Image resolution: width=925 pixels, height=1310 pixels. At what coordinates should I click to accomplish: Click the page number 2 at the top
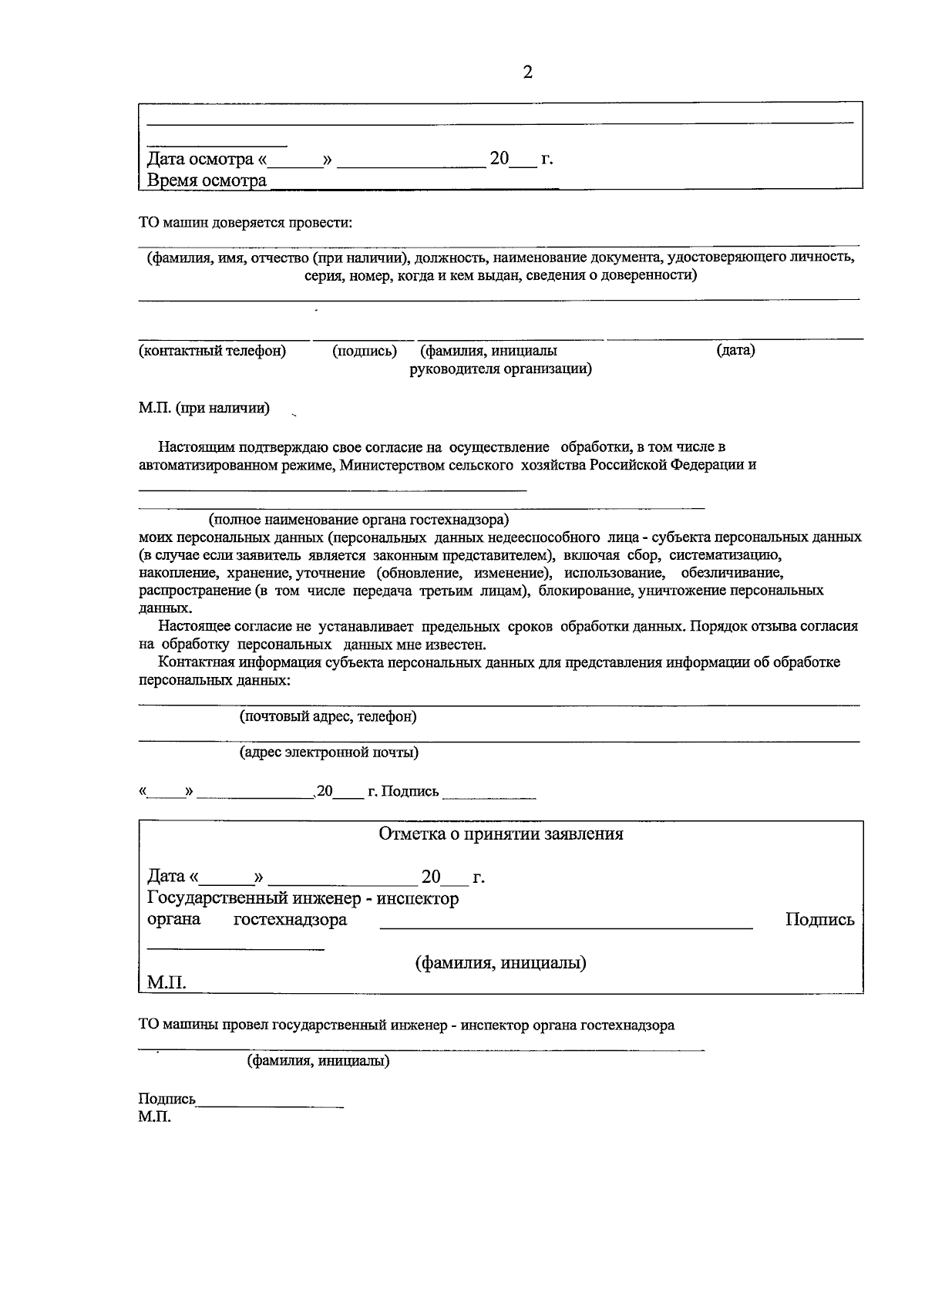528,72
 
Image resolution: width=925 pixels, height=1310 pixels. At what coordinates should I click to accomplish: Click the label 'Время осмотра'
207,180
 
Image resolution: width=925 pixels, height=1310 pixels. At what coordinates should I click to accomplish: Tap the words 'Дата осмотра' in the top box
200,159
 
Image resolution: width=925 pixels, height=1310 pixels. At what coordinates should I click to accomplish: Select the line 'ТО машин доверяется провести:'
245,223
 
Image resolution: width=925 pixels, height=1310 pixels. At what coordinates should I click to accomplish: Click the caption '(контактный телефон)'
212,351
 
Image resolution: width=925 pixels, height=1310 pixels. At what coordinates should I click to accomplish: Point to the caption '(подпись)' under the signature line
365,351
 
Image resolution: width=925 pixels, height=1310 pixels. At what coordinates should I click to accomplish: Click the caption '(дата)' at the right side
735,350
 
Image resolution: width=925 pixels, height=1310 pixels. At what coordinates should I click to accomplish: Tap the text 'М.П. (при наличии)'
204,408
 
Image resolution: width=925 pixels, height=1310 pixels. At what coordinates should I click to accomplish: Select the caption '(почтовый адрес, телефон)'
328,716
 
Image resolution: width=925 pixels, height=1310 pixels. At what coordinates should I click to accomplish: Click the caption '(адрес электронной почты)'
329,752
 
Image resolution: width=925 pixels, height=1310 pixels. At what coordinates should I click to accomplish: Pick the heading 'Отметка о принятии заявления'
501,833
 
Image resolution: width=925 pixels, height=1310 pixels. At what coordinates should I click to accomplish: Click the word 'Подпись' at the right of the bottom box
819,919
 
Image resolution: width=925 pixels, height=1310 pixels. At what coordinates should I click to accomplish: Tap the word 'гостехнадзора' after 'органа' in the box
290,919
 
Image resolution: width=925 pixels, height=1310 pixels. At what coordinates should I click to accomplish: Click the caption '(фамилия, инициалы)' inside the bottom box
501,962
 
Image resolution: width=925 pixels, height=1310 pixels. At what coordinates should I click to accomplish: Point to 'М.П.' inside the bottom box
166,982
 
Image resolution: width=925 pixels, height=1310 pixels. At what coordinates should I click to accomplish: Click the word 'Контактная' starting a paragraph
196,662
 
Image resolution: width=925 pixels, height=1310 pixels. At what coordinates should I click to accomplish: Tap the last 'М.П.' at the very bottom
155,1116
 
